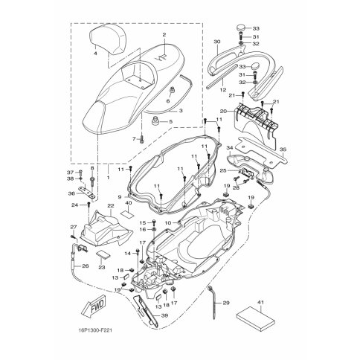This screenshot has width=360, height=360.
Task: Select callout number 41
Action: point(260,301)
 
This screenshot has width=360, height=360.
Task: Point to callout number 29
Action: point(226,303)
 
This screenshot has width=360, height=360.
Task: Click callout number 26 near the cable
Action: point(85,266)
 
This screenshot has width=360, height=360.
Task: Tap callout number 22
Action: point(110,206)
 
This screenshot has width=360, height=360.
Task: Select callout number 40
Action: point(129,203)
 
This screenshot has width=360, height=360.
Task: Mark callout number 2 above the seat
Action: point(164,35)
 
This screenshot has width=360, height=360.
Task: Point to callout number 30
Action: point(216,42)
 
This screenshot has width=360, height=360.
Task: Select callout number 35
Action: point(283,150)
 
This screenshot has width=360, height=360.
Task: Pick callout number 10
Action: point(169,222)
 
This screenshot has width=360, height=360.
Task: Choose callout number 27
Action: point(74,227)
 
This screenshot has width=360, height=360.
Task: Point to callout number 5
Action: point(170,121)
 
